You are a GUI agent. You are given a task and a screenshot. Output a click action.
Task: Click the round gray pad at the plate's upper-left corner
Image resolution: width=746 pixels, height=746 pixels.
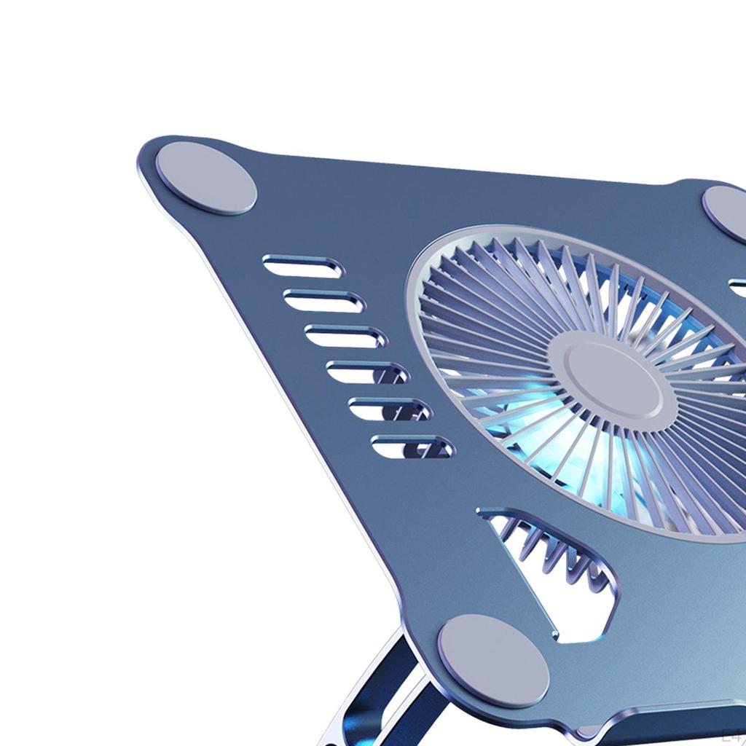click(x=206, y=178)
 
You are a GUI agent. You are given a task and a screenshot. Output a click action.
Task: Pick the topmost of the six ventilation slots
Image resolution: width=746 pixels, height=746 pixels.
click(x=302, y=266)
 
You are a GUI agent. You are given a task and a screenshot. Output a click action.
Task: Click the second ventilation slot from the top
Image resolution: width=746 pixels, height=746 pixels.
click(x=323, y=300)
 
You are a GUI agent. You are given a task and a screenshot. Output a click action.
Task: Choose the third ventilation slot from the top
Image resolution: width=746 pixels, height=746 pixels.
click(x=345, y=336)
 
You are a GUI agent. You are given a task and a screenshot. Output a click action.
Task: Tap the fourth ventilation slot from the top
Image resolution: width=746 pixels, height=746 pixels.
click(x=366, y=372)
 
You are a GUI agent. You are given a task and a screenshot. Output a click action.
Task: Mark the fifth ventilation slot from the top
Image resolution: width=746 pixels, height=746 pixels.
click(x=389, y=408)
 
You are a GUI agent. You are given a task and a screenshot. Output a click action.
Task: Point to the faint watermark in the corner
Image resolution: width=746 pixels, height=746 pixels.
click(x=732, y=736)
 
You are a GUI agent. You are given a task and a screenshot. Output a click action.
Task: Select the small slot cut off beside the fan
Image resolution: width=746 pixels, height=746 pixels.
click(x=737, y=286)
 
